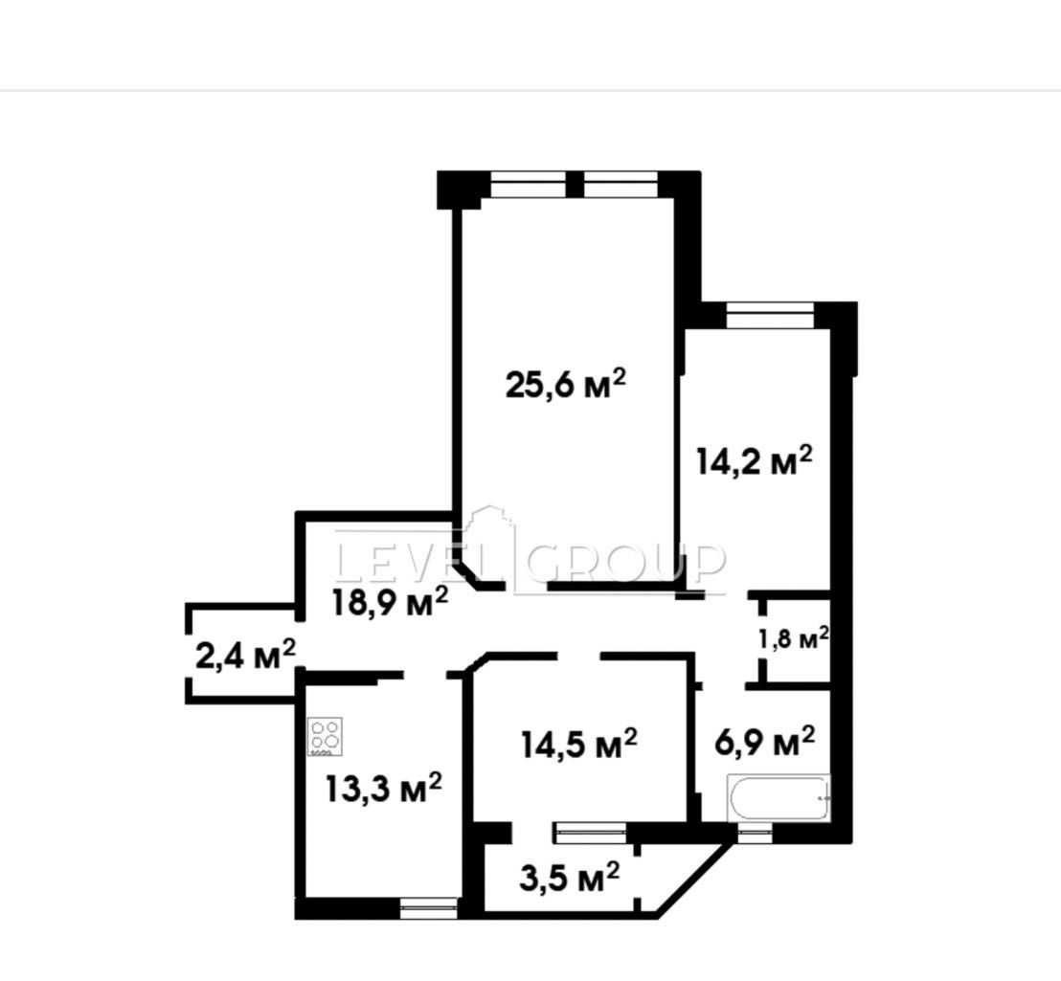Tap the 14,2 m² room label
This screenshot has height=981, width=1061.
click(x=755, y=461)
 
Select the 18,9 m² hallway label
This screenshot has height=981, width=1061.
click(x=390, y=601)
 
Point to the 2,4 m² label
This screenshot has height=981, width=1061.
click(x=246, y=655)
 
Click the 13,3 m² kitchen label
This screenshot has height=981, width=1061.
click(x=384, y=787)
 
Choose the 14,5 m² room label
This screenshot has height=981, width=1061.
click(x=579, y=744)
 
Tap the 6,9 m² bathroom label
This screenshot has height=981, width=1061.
click(x=764, y=742)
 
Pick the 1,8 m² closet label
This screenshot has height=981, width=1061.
click(x=794, y=638)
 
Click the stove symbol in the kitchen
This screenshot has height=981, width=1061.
click(x=326, y=736)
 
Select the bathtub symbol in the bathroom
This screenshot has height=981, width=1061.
click(x=779, y=798)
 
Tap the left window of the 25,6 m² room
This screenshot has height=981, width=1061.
click(x=528, y=184)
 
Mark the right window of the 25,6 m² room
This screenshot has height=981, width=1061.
click(x=621, y=184)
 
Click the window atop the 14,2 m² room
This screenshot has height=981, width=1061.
click(x=770, y=315)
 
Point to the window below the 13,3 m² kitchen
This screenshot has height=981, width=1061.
click(x=429, y=908)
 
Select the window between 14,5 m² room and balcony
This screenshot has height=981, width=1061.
click(x=590, y=833)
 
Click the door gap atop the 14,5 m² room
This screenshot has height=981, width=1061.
click(x=579, y=656)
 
